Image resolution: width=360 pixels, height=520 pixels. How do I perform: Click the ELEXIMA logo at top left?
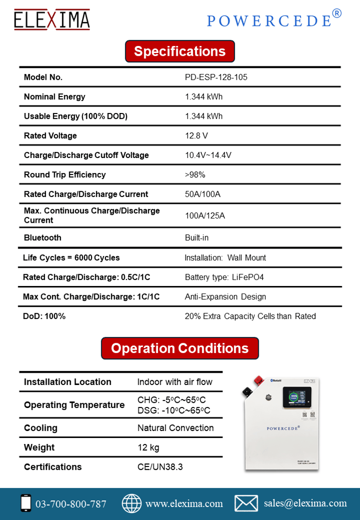[x=52, y=20]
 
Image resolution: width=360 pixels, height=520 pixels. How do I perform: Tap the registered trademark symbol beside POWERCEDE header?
[x=337, y=14]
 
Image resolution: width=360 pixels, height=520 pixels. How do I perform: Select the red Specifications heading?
[x=180, y=51]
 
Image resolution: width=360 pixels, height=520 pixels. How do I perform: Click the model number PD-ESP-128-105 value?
[x=216, y=77]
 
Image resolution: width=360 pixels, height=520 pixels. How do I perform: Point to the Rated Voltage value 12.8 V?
[x=196, y=136]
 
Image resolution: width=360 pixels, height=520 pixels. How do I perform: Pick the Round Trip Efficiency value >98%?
[x=195, y=175]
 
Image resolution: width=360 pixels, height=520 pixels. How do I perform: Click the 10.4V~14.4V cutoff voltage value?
[x=208, y=155]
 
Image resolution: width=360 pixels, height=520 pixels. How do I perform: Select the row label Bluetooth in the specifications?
[x=43, y=238]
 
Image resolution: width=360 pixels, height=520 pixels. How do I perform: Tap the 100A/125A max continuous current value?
[x=205, y=216]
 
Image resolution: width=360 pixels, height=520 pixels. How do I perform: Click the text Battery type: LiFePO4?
[x=225, y=277]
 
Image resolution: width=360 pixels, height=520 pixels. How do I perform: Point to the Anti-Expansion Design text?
[x=225, y=297]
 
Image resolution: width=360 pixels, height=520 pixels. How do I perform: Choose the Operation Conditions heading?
[x=180, y=348]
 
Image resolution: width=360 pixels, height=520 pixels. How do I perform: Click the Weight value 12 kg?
[x=148, y=447]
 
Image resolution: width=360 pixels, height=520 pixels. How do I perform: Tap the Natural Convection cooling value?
[x=175, y=428]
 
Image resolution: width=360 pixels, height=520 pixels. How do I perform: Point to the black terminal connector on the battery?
[x=246, y=391]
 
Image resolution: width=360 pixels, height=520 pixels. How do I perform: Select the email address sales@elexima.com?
[x=305, y=503]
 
